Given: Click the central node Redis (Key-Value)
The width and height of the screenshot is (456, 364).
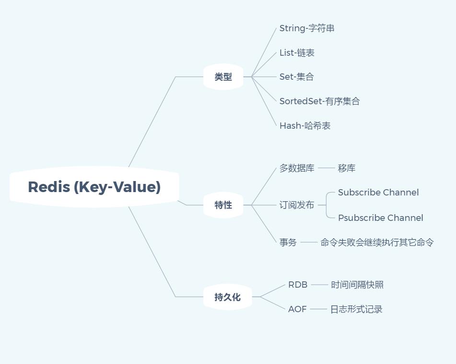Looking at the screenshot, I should point(94,187).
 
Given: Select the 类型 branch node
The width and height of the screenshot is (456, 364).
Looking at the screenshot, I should point(223,77).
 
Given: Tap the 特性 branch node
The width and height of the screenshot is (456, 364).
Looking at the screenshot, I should point(223,205).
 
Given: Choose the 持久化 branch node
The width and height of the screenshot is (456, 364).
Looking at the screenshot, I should point(227,297).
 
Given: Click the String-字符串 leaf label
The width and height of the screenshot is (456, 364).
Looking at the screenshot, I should point(307,28).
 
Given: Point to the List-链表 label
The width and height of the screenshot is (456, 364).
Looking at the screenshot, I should point(297,53).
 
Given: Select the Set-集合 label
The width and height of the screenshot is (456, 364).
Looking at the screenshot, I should point(296,77).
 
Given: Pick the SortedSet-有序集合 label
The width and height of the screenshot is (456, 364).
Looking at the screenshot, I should point(319,101).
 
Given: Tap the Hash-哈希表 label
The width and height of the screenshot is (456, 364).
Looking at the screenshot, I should point(305,126).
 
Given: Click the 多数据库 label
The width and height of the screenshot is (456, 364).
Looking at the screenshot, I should point(297,169).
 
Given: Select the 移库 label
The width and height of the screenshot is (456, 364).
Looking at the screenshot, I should point(347,169).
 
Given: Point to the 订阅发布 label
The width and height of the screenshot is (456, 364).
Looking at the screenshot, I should point(297,205).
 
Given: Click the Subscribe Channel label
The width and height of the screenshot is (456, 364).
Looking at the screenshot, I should point(378,193).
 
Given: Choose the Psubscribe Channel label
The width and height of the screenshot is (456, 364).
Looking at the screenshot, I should point(380,218).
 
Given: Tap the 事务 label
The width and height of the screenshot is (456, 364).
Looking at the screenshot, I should point(288,243).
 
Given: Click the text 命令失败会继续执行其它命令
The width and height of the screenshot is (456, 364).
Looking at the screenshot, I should point(377,243).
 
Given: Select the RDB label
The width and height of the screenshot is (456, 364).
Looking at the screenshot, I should point(298,285).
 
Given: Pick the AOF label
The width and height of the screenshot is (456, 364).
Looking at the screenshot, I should point(297,309).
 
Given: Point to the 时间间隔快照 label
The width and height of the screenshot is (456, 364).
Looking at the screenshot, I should point(357,285).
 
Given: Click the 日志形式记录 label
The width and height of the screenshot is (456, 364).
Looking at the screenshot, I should point(356,309).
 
